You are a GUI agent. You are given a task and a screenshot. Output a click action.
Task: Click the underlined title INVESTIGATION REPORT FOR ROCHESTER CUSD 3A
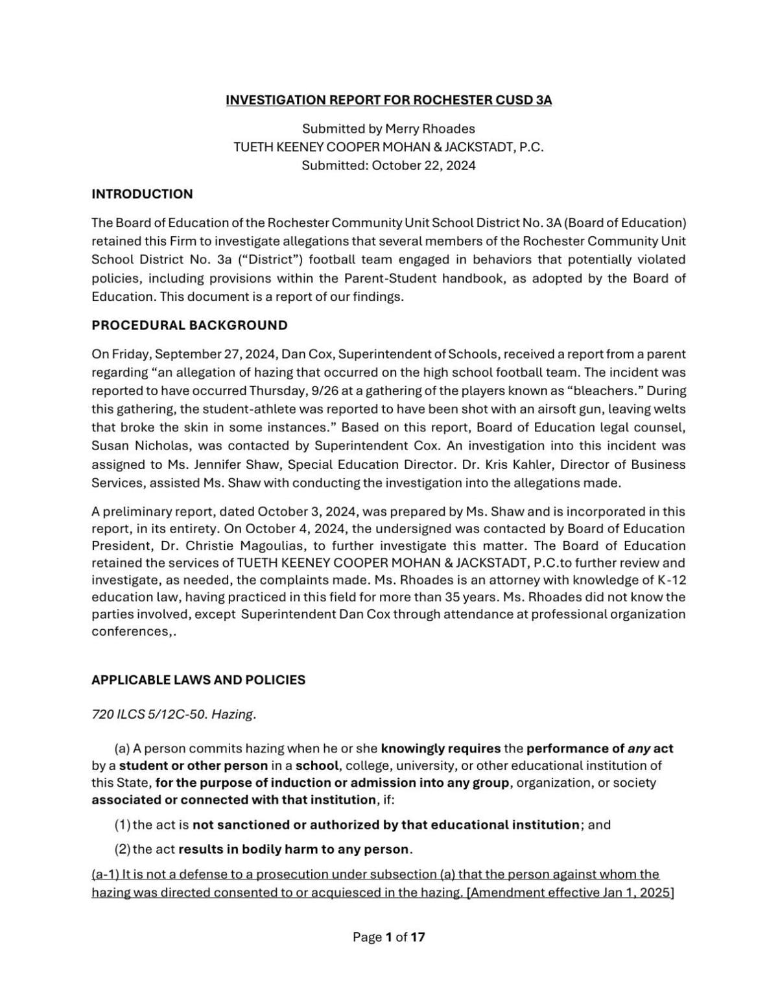pyautogui.click(x=388, y=100)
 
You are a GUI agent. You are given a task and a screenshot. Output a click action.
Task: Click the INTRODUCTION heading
pyautogui.click(x=142, y=194)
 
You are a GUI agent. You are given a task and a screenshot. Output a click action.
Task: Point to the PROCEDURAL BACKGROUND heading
pyautogui.click(x=189, y=325)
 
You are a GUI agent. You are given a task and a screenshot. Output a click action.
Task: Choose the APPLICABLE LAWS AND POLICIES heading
pyautogui.click(x=198, y=680)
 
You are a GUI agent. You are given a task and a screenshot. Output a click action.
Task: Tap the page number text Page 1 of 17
pyautogui.click(x=388, y=937)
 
